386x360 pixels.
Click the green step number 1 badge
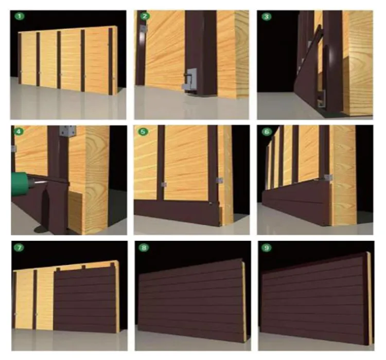pos(20,17)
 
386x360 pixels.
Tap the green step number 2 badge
pos(145,16)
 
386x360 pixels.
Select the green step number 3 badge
pos(267,16)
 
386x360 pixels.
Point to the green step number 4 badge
pos(20,132)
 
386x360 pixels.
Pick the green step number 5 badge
pos(143,132)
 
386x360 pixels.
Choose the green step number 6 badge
pos(267,132)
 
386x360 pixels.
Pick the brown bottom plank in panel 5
pos(175,208)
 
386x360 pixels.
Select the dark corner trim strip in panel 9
pos(367,298)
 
